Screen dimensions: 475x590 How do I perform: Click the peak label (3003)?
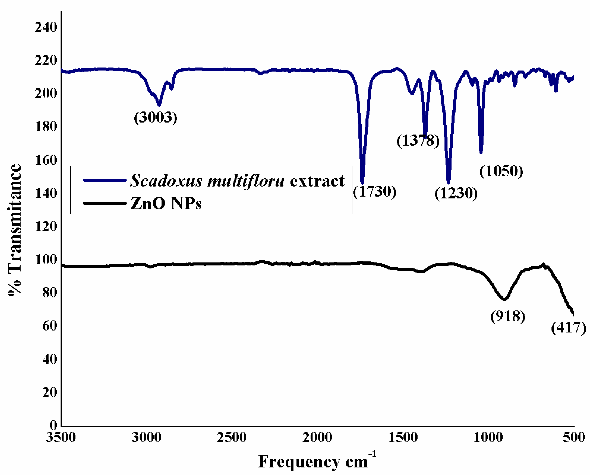click(156, 118)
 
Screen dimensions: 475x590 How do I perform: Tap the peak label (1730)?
click(375, 192)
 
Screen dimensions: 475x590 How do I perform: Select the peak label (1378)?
click(418, 141)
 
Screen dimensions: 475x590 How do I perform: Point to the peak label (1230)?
click(456, 193)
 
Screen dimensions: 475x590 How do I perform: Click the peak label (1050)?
click(501, 171)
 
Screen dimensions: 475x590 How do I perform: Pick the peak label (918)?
click(508, 316)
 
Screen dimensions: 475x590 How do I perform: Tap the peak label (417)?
click(568, 328)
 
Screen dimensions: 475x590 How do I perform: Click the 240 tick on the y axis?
click(46, 27)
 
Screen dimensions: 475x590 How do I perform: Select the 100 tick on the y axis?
click(46, 260)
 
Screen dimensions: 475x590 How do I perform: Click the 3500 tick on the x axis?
click(61, 438)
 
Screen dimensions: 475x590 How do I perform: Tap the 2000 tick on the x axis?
click(317, 438)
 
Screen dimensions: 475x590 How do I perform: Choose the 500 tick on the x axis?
click(574, 438)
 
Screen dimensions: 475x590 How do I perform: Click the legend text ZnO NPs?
click(166, 204)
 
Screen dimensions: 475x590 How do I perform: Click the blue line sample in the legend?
click(105, 181)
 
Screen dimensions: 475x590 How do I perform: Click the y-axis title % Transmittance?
click(14, 230)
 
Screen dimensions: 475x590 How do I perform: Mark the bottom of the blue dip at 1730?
click(362, 182)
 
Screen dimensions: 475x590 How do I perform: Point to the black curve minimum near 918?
click(504, 299)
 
